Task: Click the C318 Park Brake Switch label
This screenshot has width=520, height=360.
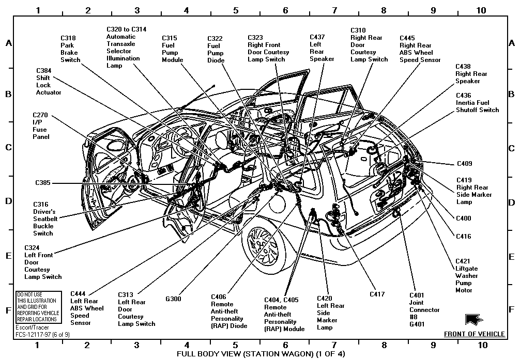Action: (70, 49)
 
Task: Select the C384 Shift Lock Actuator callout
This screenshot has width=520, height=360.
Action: (48, 82)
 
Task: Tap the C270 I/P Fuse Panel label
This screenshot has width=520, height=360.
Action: (40, 126)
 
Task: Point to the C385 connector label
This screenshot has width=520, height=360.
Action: (43, 183)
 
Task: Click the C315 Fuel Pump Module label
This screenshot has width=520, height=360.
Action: (173, 49)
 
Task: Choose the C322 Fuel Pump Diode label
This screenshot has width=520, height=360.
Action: (216, 50)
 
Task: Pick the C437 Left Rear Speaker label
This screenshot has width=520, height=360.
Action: (322, 48)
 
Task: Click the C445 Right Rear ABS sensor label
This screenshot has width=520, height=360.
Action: (420, 49)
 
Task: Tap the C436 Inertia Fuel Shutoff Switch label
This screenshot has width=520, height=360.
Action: (477, 103)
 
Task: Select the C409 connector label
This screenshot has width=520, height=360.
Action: (464, 164)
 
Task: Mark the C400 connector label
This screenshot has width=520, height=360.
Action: (464, 218)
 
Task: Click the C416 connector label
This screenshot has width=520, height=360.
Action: (464, 237)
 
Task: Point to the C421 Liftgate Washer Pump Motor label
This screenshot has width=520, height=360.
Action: (466, 276)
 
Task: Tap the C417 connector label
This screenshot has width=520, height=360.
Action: (377, 294)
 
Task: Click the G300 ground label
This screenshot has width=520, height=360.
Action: (173, 299)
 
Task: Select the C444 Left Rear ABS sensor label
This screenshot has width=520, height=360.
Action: (87, 308)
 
